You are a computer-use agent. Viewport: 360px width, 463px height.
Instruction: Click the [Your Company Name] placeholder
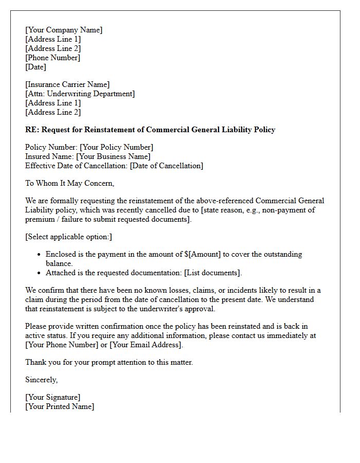(x=64, y=30)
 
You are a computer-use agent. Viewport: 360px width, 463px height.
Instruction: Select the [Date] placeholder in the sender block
(x=35, y=67)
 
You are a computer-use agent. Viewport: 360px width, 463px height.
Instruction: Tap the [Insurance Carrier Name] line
(x=67, y=84)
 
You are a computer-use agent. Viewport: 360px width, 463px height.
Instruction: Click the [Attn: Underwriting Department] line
(x=80, y=94)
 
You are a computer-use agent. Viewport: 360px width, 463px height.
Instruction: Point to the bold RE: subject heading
(x=150, y=130)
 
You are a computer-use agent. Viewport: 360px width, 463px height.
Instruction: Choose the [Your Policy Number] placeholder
(x=116, y=147)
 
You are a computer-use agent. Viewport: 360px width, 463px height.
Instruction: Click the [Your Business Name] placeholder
(x=113, y=156)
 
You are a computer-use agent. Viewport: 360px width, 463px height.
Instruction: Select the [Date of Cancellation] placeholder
(x=166, y=166)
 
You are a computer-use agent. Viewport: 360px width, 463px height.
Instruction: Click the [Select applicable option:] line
(x=68, y=237)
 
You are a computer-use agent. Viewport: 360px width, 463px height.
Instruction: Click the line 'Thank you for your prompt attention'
(x=109, y=362)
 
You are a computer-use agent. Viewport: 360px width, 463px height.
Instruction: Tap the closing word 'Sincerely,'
(x=41, y=380)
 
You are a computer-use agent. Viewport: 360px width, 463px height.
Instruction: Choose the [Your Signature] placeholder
(x=52, y=397)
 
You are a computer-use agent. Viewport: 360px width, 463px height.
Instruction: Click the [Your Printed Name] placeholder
(x=60, y=406)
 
